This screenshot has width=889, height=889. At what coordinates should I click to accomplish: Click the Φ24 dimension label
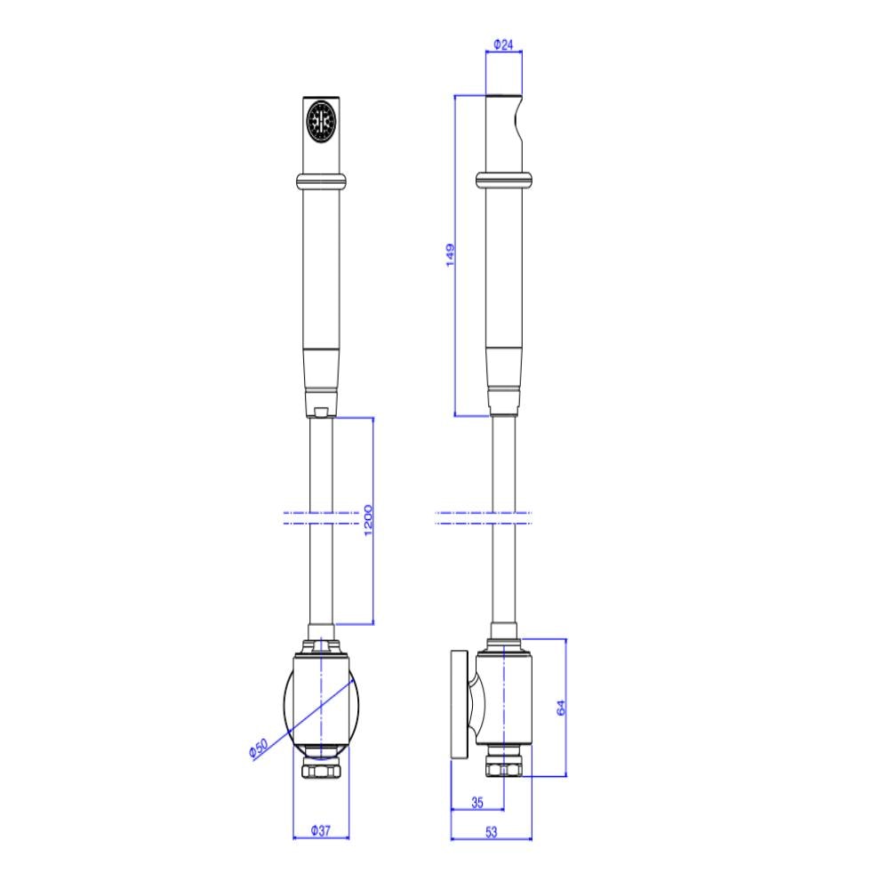pyautogui.click(x=503, y=44)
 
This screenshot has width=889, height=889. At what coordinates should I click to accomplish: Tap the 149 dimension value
pyautogui.click(x=450, y=255)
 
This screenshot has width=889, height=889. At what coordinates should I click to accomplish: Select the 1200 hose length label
pyautogui.click(x=368, y=520)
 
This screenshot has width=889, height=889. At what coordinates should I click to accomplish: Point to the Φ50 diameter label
pyautogui.click(x=258, y=749)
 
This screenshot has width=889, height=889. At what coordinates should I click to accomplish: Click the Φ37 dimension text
pyautogui.click(x=320, y=830)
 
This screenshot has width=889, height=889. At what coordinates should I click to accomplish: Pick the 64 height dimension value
pyautogui.click(x=561, y=708)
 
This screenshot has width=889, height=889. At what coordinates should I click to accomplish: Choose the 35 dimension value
pyautogui.click(x=477, y=802)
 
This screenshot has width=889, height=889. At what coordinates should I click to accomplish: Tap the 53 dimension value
pyautogui.click(x=491, y=832)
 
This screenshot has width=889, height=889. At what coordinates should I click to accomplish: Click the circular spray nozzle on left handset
pyautogui.click(x=321, y=120)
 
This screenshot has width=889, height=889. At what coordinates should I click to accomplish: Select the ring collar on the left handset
pyautogui.click(x=321, y=180)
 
